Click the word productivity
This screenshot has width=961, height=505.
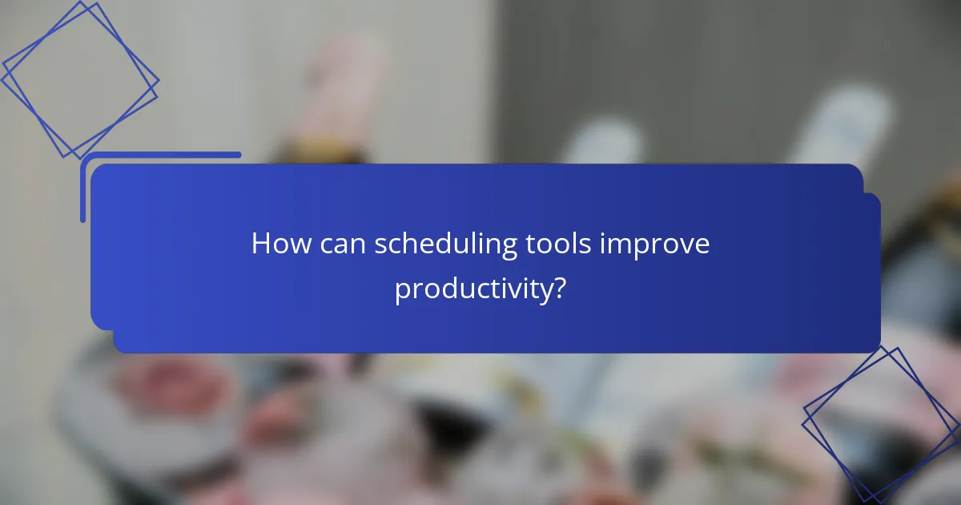click(x=472, y=290)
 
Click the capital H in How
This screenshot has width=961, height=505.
click(x=261, y=244)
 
